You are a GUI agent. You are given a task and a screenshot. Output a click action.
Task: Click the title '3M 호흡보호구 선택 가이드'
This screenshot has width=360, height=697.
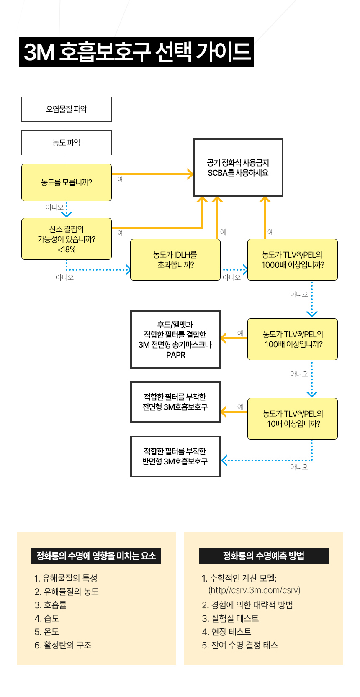[136, 52]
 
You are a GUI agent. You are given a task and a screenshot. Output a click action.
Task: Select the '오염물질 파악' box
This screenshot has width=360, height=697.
[67, 109]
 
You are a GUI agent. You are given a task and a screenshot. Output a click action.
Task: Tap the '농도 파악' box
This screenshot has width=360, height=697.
[67, 143]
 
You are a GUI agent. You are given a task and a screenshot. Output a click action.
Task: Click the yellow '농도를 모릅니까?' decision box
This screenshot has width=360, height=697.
[67, 182]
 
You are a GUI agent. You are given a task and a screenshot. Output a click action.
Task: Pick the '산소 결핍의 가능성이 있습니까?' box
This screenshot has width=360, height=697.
[67, 239]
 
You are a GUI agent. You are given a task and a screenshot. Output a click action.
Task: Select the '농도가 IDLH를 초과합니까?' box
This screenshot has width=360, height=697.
[175, 260]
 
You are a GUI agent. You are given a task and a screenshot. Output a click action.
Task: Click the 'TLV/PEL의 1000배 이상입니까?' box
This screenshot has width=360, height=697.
[293, 260]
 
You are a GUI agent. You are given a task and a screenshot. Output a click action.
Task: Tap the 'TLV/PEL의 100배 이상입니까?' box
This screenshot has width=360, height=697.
[293, 339]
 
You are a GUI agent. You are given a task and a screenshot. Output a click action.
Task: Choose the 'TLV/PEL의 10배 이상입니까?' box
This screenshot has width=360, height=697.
[293, 419]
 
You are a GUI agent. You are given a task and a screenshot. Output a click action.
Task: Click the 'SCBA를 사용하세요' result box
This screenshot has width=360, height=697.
[238, 168]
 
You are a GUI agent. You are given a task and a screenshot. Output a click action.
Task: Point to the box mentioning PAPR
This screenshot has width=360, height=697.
[175, 339]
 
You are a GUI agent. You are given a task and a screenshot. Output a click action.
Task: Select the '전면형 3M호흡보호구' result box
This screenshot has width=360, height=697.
[175, 402]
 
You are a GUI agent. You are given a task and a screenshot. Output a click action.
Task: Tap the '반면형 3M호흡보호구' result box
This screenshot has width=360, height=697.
[175, 456]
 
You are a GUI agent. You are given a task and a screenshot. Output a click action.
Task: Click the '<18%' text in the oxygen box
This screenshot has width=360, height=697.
[67, 250]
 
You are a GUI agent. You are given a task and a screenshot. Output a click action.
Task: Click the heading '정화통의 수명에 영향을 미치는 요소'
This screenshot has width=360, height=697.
[96, 556]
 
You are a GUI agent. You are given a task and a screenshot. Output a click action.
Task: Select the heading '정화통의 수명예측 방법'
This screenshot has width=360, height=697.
[264, 556]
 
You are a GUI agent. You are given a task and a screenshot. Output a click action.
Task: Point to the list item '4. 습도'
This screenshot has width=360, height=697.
[47, 618]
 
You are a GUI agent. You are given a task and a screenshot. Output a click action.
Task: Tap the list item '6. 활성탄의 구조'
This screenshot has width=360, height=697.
[63, 645]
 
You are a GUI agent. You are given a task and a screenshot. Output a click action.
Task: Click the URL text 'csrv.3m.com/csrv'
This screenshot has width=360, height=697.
[255, 590]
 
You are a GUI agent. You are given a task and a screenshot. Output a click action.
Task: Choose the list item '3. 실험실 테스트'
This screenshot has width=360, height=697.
[230, 618]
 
